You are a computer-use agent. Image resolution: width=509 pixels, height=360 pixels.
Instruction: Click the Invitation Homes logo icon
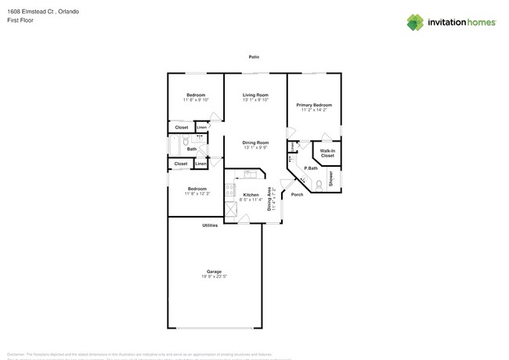tap(415, 22)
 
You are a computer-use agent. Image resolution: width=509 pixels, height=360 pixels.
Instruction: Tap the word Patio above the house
tap(254, 57)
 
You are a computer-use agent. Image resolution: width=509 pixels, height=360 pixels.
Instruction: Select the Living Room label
tap(255, 95)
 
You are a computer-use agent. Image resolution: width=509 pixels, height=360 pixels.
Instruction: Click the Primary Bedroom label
tap(314, 104)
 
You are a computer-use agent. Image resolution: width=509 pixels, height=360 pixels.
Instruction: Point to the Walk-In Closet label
tap(327, 153)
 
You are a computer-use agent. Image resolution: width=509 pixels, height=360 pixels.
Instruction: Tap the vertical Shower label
tap(330, 178)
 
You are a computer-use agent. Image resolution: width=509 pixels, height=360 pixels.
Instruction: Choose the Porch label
tap(297, 194)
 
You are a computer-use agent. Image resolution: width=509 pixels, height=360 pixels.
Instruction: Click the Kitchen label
tap(251, 194)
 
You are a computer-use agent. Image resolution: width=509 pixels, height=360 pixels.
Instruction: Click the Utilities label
tap(210, 225)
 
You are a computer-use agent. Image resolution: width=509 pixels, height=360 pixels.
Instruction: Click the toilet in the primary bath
tap(319, 185)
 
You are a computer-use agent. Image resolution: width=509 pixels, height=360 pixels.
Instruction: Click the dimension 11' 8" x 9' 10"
tap(196, 100)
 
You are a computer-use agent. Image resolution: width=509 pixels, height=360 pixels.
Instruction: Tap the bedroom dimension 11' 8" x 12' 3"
tap(197, 193)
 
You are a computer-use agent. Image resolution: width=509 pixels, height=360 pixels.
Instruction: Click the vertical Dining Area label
tap(270, 200)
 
